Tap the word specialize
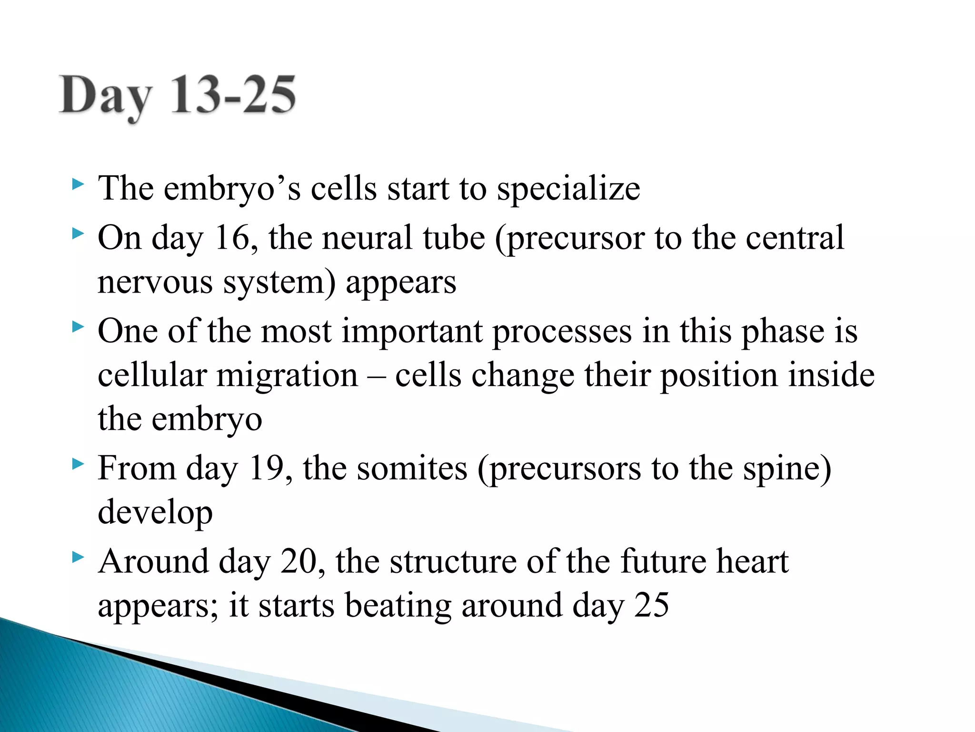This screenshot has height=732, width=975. [568, 189]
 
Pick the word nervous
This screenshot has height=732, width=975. [155, 282]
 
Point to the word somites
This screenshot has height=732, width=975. [412, 468]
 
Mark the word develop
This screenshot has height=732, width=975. [155, 513]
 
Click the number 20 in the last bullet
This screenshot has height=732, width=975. [299, 561]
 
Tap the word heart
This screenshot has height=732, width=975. [753, 561]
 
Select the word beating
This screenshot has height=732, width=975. [398, 606]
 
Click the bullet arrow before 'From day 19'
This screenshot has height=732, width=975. [78, 463]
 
